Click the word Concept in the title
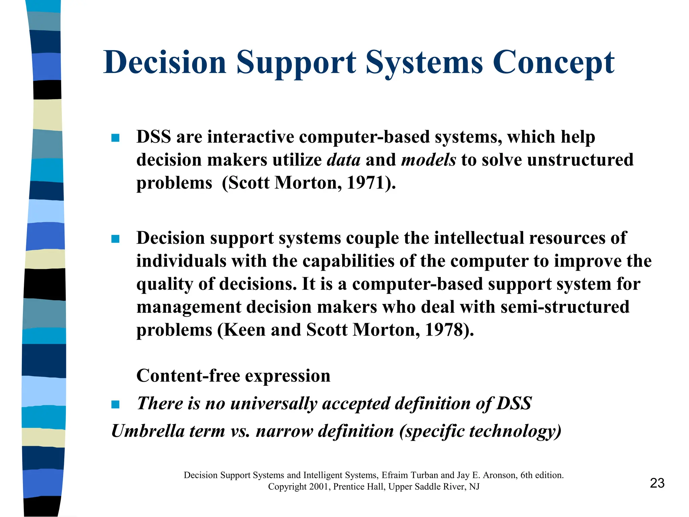tap(553, 63)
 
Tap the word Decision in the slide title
tap(165, 63)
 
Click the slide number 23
tap(657, 483)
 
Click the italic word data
tap(343, 160)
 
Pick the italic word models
tap(429, 160)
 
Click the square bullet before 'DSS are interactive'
tap(115, 138)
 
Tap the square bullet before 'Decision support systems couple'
tap(115, 239)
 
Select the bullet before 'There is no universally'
tap(115, 404)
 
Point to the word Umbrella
tap(148, 431)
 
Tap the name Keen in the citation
tap(244, 330)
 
